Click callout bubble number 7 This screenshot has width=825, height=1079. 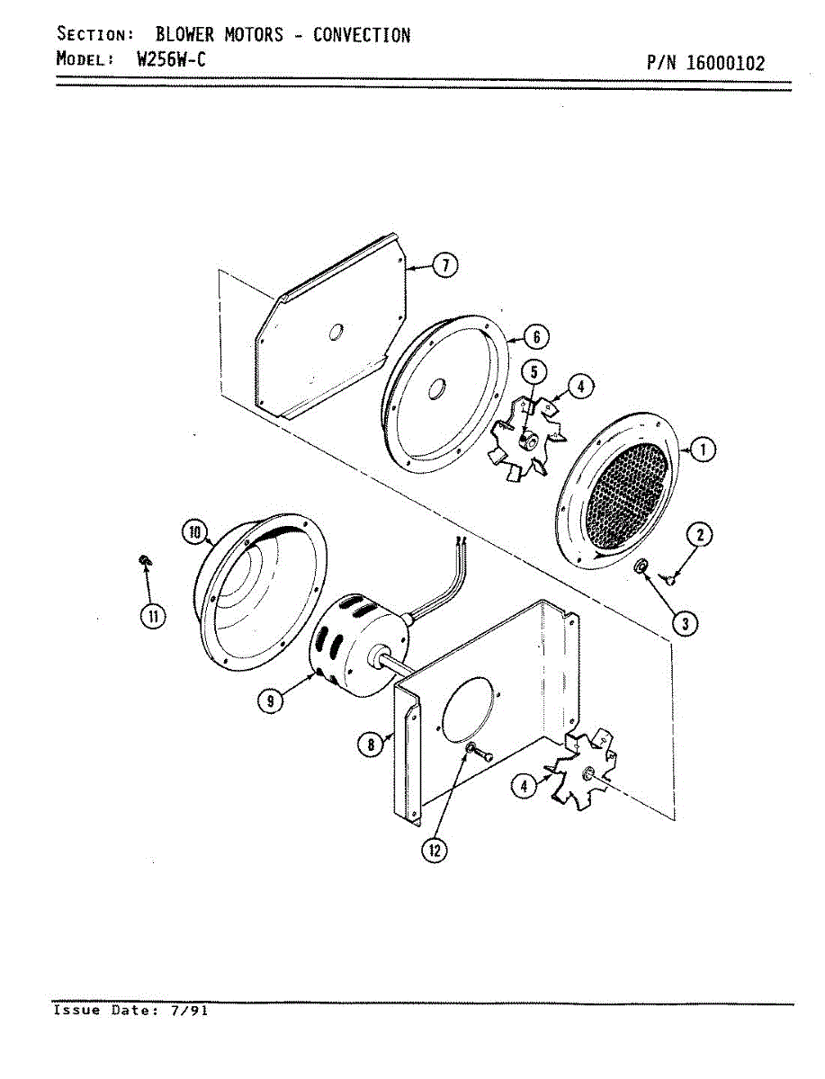[444, 265]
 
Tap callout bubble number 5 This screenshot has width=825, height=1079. [534, 370]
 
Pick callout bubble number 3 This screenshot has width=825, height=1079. [686, 624]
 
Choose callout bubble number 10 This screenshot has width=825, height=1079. [194, 531]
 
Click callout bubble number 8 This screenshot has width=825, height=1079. [369, 745]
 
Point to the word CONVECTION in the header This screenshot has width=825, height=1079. [361, 35]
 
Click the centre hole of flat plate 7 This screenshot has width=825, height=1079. [335, 333]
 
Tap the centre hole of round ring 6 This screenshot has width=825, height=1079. [437, 390]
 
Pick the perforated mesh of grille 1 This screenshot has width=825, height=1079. [626, 497]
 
